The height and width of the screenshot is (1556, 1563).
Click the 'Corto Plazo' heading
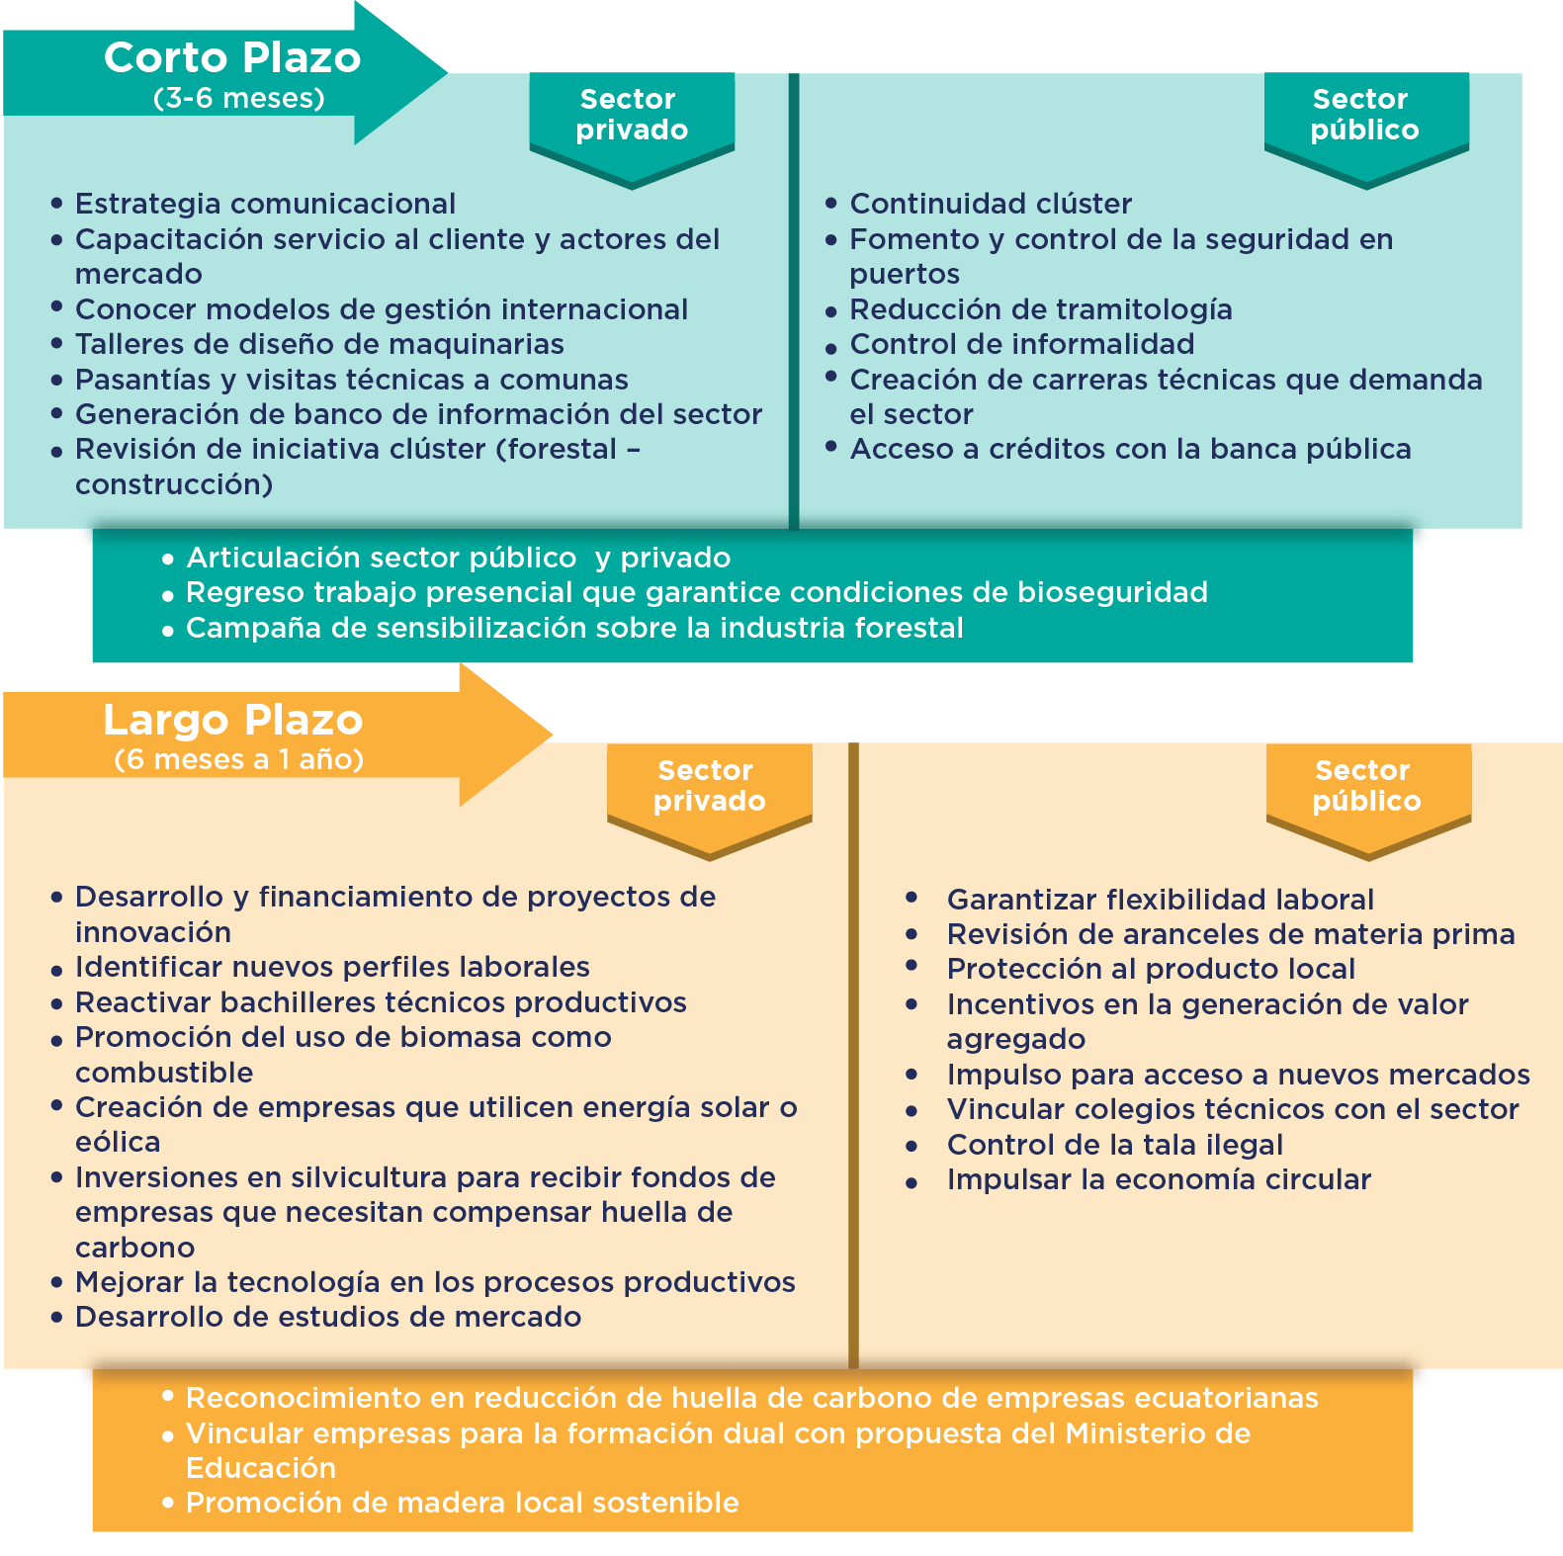232,57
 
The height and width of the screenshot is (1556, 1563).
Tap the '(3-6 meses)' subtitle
239,98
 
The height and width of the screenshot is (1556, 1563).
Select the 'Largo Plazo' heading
233,720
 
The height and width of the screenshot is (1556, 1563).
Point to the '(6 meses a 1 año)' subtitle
239,759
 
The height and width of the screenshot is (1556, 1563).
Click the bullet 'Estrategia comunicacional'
265,204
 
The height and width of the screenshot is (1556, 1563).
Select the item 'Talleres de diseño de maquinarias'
319,344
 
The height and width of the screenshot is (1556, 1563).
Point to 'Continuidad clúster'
991,204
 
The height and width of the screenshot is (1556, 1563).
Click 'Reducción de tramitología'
1041,309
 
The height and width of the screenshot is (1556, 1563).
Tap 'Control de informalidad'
1022,344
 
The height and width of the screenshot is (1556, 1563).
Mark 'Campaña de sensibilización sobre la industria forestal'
574,628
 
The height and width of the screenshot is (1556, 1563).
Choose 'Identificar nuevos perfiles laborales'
332,967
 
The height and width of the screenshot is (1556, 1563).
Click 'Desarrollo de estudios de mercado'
328,1317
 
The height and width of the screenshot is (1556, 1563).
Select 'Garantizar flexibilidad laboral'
1161,900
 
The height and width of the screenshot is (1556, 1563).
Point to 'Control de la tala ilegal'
1115,1145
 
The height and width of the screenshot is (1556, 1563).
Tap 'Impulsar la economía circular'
1159,1179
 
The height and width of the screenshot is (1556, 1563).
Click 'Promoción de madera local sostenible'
462,1503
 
